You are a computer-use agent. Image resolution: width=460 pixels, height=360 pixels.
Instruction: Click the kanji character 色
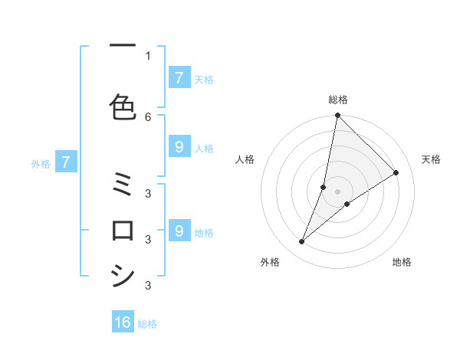pyautogui.click(x=123, y=106)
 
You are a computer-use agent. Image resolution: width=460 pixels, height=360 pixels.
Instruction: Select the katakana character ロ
pyautogui.click(x=123, y=230)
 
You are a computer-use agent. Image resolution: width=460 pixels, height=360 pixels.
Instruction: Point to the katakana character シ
pyautogui.click(x=123, y=275)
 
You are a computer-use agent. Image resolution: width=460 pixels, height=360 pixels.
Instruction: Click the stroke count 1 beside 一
pyautogui.click(x=148, y=55)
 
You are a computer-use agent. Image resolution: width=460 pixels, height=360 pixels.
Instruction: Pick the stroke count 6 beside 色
pyautogui.click(x=148, y=116)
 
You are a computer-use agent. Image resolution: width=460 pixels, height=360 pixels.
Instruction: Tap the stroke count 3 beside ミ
pyautogui.click(x=148, y=193)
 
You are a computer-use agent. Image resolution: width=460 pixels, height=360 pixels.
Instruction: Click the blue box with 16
pyautogui.click(x=123, y=322)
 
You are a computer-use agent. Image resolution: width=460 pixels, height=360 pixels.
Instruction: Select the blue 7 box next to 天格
pyautogui.click(x=179, y=77)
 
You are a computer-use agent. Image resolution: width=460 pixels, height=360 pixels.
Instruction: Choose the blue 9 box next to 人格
pyautogui.click(x=179, y=147)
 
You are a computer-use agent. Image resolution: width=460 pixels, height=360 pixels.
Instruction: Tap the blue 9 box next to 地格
pyautogui.click(x=179, y=231)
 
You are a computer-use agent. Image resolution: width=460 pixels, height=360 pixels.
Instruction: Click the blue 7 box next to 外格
pyautogui.click(x=66, y=162)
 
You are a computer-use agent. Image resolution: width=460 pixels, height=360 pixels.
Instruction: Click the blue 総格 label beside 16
pyautogui.click(x=147, y=324)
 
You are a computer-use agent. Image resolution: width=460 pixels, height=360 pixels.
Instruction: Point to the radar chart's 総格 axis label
pyautogui.click(x=338, y=100)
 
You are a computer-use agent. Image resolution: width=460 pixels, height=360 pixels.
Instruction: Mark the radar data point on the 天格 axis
pyautogui.click(x=396, y=173)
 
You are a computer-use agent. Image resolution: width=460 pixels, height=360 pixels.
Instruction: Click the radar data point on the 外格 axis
pyautogui.click(x=302, y=242)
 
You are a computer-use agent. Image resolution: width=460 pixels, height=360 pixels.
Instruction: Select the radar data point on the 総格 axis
pyautogui.click(x=338, y=116)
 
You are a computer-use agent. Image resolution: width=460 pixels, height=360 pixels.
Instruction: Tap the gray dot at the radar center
pyautogui.click(x=338, y=191)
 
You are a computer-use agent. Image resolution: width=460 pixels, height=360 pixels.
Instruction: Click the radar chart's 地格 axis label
pyautogui.click(x=402, y=262)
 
